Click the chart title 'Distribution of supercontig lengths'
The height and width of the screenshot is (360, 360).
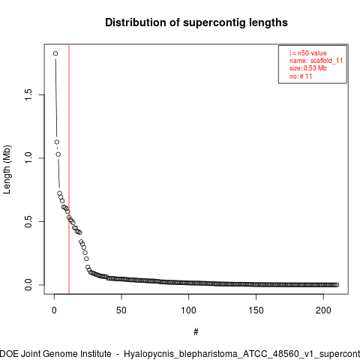point(196,22)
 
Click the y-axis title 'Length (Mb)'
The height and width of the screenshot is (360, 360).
point(7,169)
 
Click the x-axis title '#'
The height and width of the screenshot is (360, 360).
point(196,332)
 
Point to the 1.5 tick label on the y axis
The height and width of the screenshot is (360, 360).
point(28,94)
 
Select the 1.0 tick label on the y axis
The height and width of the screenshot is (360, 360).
point(28,158)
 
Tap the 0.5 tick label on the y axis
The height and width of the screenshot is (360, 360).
point(28,221)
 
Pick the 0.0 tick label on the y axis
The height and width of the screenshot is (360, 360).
point(28,285)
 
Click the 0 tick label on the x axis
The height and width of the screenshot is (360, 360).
point(54,310)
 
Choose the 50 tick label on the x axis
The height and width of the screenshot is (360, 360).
point(121,310)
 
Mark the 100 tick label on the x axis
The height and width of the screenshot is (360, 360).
point(189,310)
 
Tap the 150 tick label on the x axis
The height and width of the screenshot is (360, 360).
point(256,310)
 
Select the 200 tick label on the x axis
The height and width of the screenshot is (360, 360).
point(323,310)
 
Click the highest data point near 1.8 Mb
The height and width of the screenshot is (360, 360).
point(55,53)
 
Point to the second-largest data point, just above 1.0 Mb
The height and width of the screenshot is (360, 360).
point(57,142)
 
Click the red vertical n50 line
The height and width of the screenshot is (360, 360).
point(69,169)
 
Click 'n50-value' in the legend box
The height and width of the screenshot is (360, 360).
point(312,53)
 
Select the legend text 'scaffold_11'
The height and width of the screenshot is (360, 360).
point(326,61)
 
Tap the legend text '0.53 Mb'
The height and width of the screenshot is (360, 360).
point(315,68)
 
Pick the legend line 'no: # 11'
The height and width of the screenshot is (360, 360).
point(301,76)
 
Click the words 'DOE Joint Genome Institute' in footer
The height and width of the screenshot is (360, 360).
point(55,354)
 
